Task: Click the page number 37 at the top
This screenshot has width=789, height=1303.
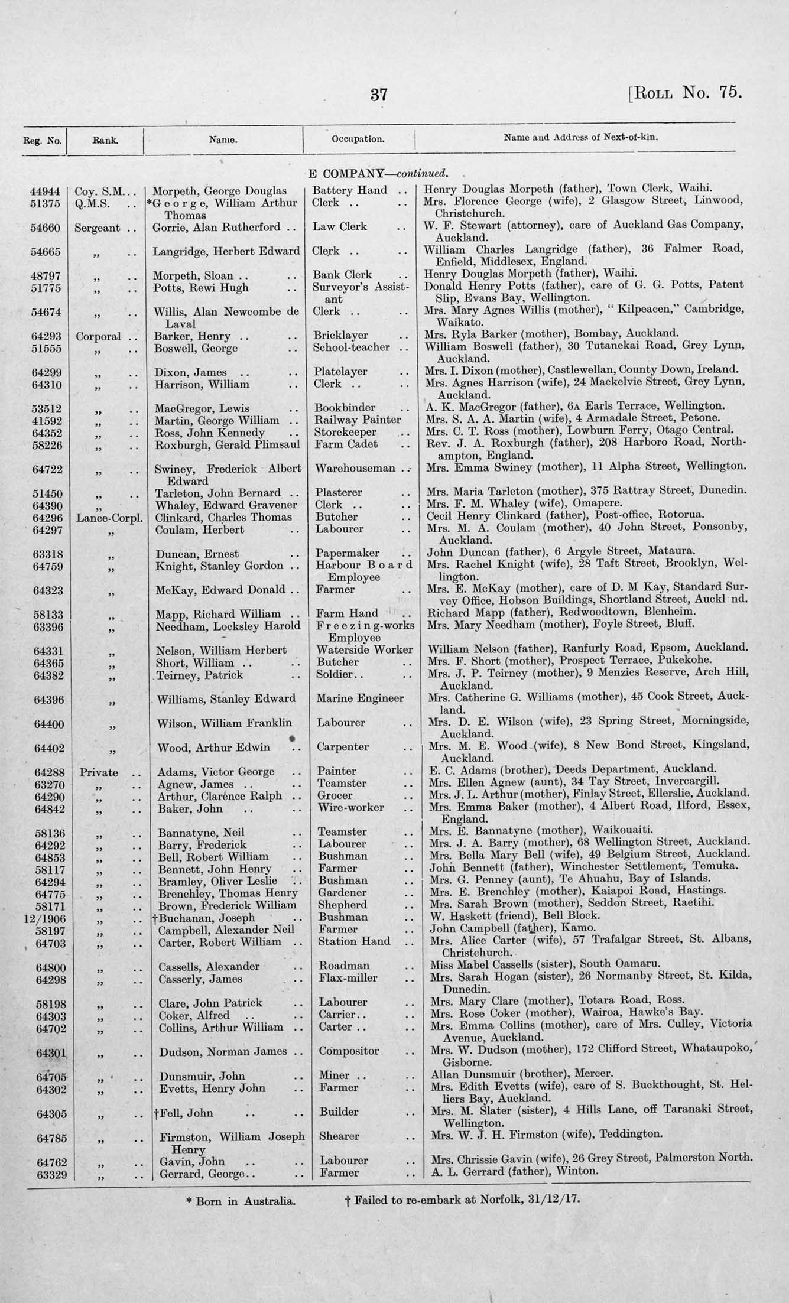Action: point(379,94)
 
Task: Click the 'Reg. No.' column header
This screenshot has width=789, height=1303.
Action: point(43,141)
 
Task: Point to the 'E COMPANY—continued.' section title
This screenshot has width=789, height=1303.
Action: point(378,174)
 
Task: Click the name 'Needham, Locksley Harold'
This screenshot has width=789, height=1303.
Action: point(228,626)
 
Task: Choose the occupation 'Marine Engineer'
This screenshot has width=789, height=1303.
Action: point(360,698)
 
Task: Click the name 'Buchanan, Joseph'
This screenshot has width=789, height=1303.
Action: point(206,918)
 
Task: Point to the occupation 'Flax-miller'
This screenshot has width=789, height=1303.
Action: point(348,978)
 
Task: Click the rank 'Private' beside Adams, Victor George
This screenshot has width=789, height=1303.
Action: point(97,772)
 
